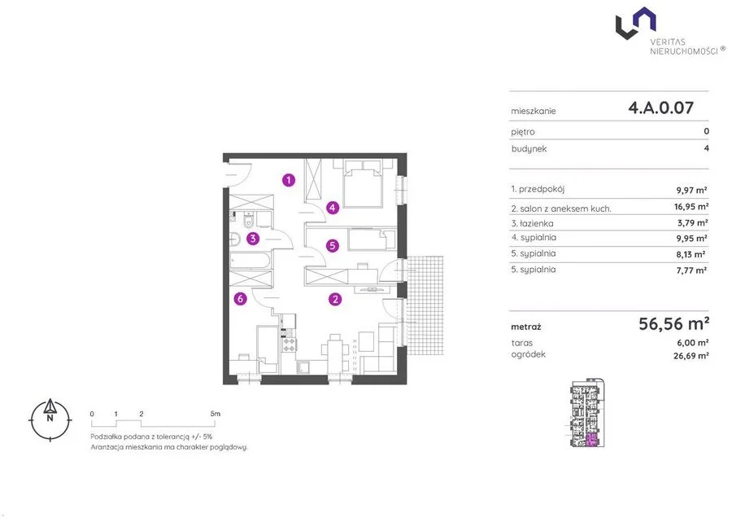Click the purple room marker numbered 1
289,179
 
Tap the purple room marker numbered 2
335,299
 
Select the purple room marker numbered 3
253,239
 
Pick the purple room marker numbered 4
333,208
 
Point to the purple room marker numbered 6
240,298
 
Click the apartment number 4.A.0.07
661,108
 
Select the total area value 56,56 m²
674,323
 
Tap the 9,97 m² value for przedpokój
691,191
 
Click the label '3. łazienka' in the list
532,223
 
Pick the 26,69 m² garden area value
691,356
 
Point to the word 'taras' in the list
522,343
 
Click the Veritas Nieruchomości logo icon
635,23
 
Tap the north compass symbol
50,419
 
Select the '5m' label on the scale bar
216,414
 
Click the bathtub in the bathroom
250,261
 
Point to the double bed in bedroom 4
363,184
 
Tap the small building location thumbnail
588,413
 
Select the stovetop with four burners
290,345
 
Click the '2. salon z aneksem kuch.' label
561,209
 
